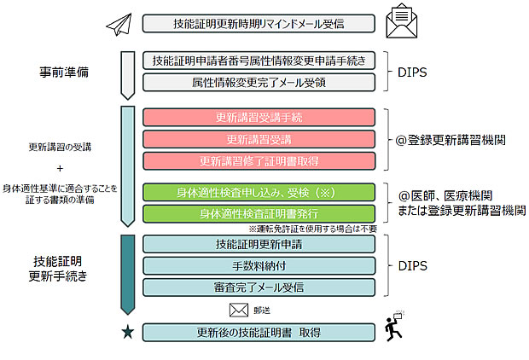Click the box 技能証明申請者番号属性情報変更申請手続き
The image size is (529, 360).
(259, 61)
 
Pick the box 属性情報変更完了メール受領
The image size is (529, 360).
(259, 82)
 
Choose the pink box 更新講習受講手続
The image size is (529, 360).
(259, 117)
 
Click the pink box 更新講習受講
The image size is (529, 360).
(259, 139)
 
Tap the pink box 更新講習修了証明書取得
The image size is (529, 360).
(259, 160)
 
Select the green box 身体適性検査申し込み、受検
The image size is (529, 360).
(259, 191)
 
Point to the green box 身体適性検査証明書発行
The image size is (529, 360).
(259, 213)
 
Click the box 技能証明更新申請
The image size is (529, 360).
(259, 244)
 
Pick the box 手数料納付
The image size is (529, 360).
(259, 266)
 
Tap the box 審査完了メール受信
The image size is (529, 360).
(259, 287)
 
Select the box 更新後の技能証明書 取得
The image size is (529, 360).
(259, 332)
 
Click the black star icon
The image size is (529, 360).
(127, 332)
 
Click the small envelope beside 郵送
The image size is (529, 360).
(238, 310)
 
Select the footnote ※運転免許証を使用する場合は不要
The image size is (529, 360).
(312, 229)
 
